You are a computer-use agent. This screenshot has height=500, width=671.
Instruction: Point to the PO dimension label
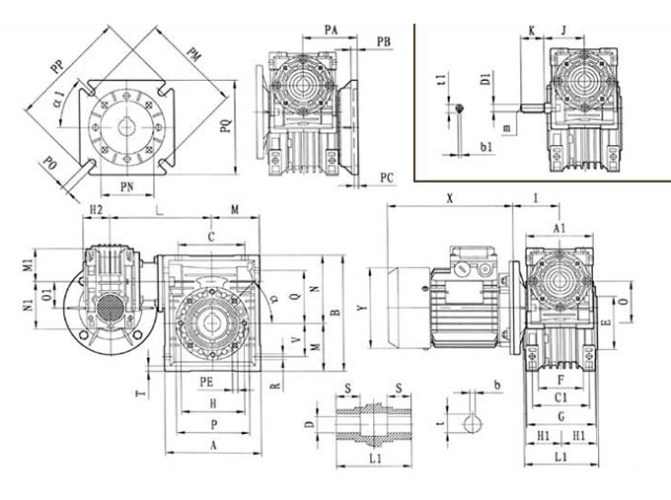49,164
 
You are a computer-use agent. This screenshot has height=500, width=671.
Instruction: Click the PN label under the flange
127,185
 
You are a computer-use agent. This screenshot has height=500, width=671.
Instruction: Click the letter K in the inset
531,32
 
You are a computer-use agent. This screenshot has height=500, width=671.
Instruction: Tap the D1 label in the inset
486,78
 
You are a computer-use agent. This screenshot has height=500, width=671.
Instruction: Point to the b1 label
487,146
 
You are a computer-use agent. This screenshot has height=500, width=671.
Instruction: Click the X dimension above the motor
449,198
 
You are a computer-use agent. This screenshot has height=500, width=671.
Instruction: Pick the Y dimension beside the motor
364,308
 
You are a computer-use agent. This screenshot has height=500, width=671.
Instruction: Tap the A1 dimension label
559,229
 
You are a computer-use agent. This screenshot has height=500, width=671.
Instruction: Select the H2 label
96,210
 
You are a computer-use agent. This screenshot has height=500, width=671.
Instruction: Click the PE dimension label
205,380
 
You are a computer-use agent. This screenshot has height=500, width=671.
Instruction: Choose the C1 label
559,396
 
